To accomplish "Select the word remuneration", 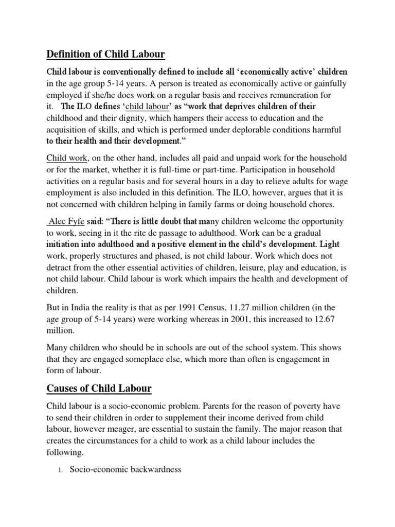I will pyautogui.click(x=289, y=96).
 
